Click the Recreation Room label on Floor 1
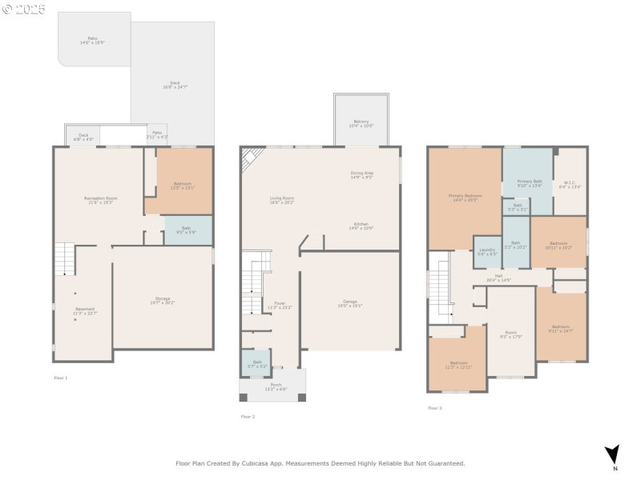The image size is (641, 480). tap(101, 200)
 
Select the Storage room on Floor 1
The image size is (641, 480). tap(162, 302)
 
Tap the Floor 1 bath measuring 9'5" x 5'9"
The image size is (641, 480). tap(186, 230)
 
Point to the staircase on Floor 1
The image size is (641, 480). tap(64, 260)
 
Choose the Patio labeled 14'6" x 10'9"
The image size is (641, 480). tap(93, 40)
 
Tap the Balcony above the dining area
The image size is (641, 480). tap(361, 123)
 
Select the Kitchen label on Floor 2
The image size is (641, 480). tap(361, 226)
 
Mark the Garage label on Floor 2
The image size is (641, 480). tap(349, 303)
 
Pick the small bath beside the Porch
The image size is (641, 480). tap(257, 364)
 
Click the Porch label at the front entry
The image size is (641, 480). tap(272, 387)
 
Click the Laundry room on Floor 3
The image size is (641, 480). tap(486, 252)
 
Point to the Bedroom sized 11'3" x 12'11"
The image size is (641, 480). tap(458, 365)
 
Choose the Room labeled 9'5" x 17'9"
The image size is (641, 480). tap(510, 334)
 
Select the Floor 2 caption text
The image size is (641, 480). tap(248, 416)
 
